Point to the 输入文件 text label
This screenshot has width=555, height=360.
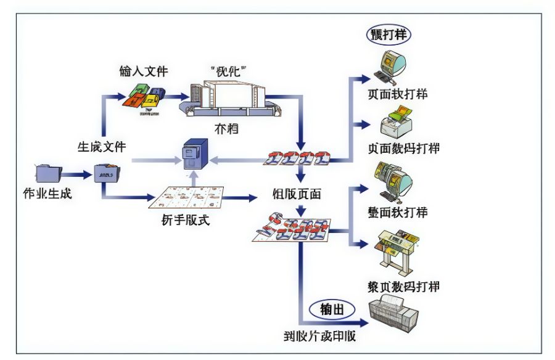click(x=144, y=70)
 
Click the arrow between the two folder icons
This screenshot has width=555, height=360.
click(x=76, y=174)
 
